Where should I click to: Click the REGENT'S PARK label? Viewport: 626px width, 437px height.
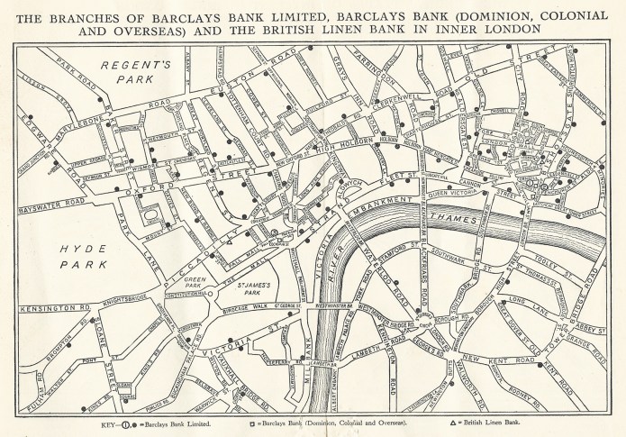coord(129,73)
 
